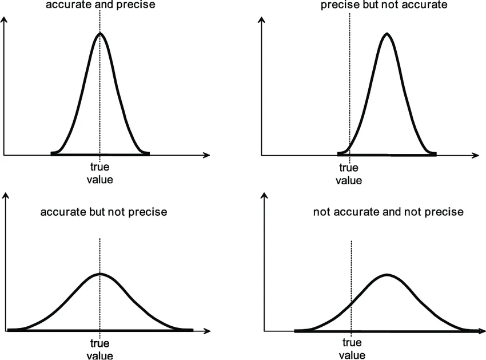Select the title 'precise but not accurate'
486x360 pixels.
384,5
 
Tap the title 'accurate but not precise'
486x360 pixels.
103,212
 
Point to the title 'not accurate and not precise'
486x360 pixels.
388,212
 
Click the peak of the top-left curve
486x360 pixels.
100,33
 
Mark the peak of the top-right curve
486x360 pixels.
387,33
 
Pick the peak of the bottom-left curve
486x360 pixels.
101,274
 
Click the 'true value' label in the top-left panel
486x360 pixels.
100,173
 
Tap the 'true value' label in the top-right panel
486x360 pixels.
349,174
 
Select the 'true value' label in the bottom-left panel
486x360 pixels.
100,349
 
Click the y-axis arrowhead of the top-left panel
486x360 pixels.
5,22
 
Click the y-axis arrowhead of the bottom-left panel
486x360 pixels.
6,197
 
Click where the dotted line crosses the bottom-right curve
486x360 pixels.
350,303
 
